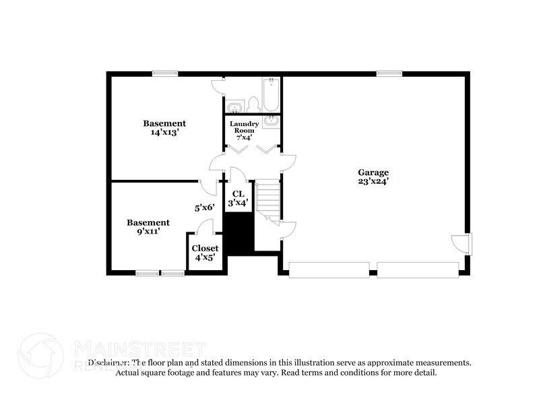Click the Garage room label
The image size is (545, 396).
373,172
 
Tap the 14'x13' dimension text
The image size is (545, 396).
164,133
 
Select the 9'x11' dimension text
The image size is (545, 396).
148,232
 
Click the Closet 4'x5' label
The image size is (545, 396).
205,253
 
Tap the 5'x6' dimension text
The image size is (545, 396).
204,208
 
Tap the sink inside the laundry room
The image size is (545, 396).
271,121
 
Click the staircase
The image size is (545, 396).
267,199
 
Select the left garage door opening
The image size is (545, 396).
329,270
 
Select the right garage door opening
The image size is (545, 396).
418,270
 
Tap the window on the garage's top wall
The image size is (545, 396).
389,73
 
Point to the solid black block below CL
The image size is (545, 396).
238,233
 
